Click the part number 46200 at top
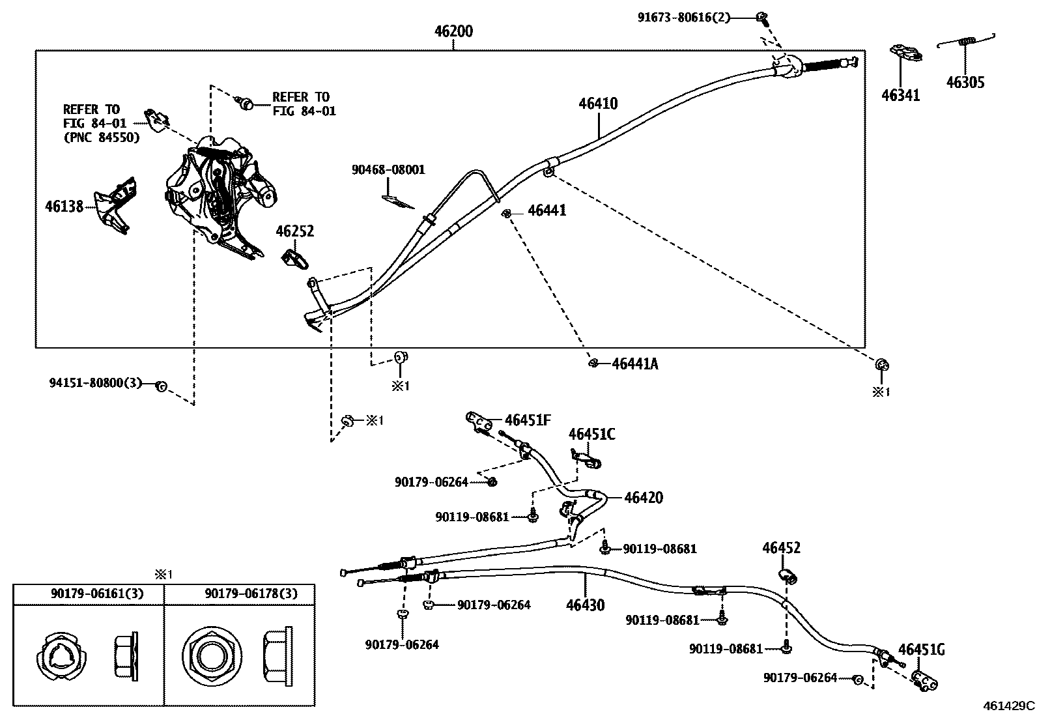(x=454, y=31)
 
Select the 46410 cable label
(x=598, y=104)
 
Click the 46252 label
(x=294, y=231)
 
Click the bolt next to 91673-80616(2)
(x=761, y=17)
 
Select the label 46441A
(x=634, y=364)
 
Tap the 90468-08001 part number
(x=388, y=170)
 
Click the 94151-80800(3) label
(x=95, y=383)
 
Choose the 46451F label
(x=528, y=420)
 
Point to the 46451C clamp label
(x=591, y=435)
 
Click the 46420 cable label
(x=643, y=498)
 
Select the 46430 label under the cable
(x=585, y=605)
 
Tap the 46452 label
(x=781, y=548)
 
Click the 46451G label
(x=921, y=650)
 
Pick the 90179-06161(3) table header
(x=98, y=594)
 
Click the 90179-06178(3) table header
(x=251, y=594)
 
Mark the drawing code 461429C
(x=1008, y=705)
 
